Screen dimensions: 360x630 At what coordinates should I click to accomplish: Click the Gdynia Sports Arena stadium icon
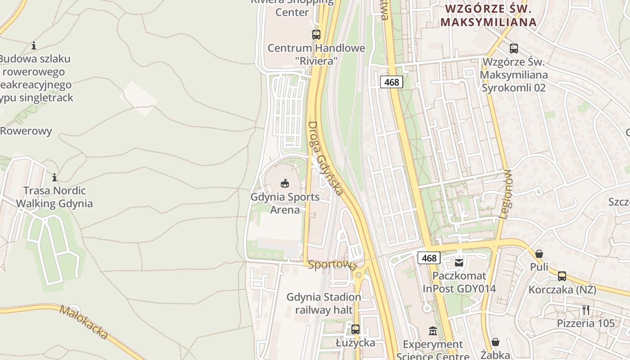284,183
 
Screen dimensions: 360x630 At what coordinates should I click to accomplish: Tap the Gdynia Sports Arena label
285,203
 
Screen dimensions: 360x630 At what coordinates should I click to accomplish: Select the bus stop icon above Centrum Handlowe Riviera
316,34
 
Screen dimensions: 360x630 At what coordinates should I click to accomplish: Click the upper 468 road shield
391,82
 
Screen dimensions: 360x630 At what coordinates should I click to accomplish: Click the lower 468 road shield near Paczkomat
429,258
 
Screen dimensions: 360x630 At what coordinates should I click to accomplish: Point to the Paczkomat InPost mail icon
459,262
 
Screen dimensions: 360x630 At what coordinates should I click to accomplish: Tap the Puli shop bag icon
539,254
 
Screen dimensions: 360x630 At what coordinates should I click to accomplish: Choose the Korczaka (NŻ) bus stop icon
562,276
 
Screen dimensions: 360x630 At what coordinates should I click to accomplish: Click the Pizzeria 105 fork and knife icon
585,310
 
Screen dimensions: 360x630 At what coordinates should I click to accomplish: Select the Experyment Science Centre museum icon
432,331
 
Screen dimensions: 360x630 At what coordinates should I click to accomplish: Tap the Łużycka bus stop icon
355,329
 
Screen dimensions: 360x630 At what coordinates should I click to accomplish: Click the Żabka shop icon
495,342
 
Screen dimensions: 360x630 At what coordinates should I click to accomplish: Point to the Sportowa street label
333,265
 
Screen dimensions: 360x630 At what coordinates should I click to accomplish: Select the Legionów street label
505,194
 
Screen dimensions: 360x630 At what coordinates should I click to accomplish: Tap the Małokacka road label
84,323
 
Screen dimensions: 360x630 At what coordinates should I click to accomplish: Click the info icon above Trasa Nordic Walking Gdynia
54,177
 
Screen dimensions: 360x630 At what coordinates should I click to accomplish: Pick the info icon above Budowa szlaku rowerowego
34,45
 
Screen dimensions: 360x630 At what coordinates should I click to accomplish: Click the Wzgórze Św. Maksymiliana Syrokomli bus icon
514,49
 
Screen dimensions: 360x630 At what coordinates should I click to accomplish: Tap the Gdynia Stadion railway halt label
324,304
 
